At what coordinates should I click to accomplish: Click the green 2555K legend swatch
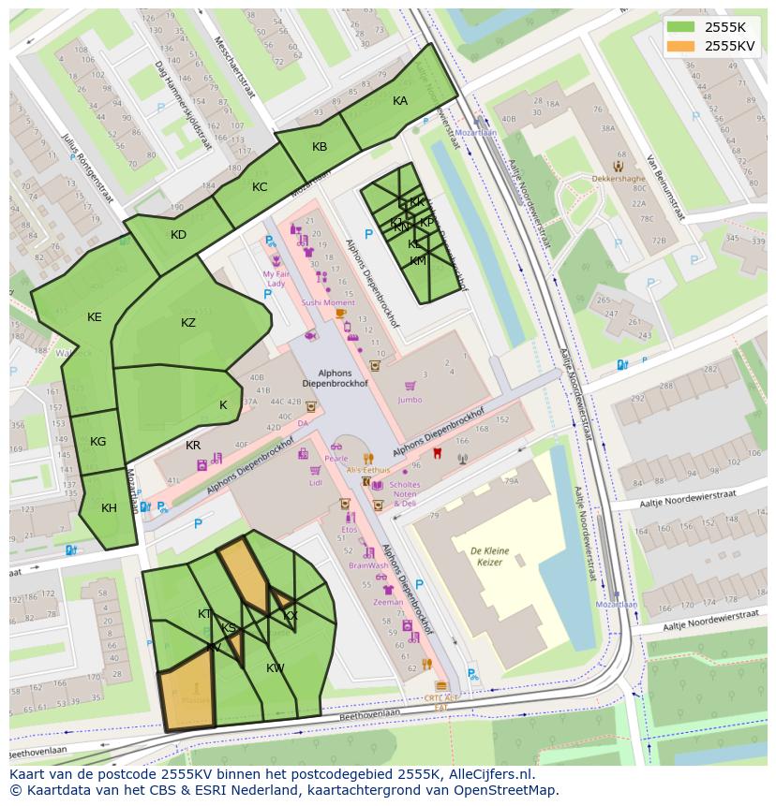680,27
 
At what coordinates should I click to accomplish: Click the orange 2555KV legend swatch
680,45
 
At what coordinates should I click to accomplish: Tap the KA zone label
400,101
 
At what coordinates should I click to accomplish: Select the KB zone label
320,147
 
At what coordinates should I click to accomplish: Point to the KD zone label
178,235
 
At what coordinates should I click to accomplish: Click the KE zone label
94,317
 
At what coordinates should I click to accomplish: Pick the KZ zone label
188,323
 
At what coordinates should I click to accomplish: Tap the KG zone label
97,442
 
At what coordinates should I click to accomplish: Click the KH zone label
109,508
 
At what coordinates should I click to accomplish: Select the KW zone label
275,668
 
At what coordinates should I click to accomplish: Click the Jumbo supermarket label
410,400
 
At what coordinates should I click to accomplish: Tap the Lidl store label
315,483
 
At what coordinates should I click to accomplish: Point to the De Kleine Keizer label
488,556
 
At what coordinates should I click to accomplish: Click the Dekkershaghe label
618,178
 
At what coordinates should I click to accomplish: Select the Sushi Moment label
328,303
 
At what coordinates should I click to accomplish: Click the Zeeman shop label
388,604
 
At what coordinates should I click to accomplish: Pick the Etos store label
349,529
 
